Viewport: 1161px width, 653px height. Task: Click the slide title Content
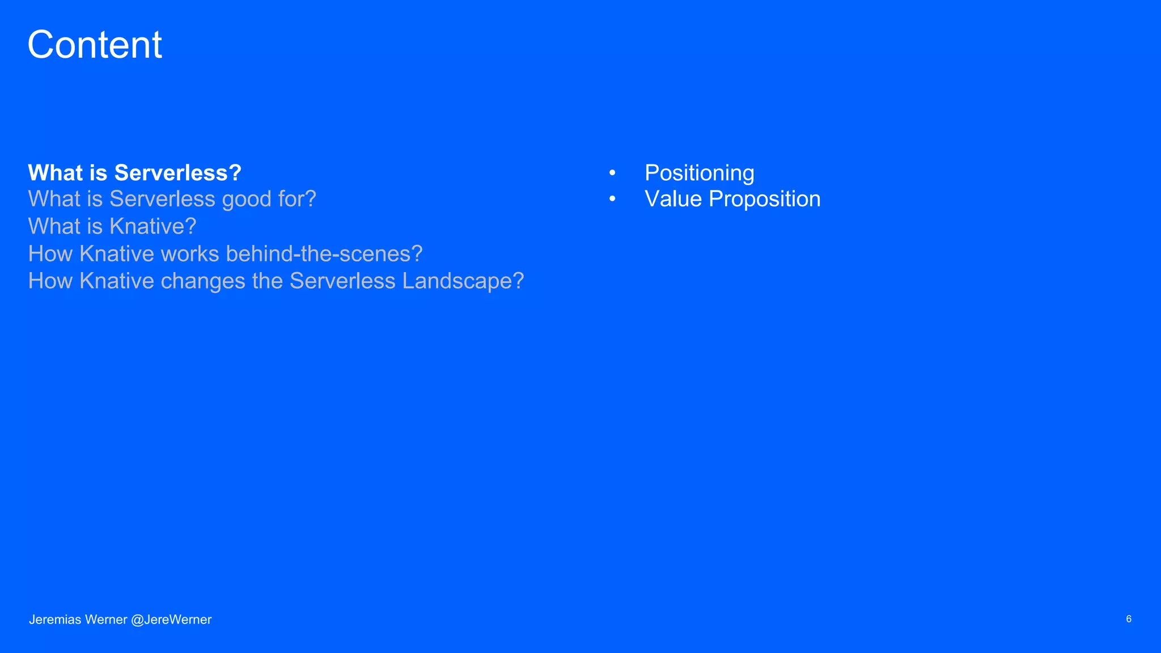95,45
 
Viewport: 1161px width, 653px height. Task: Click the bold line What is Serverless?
134,173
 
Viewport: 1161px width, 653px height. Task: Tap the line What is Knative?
112,227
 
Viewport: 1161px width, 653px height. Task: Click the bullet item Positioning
699,173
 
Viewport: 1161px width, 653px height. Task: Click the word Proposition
764,200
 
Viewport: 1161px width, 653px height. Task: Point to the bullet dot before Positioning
612,173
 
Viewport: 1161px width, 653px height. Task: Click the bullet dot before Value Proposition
612,199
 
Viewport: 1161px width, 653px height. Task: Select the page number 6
1128,619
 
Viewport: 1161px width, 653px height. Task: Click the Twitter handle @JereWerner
171,620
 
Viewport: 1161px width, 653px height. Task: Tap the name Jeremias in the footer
55,620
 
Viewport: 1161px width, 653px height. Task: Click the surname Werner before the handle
106,620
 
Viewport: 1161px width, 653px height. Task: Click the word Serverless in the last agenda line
342,282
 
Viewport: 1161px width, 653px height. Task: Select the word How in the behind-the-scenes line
50,254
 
